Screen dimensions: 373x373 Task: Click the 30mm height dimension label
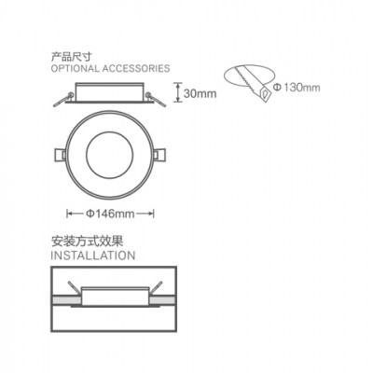click(200, 93)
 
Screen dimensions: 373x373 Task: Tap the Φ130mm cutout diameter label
click(297, 88)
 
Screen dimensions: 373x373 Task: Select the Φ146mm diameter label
click(110, 214)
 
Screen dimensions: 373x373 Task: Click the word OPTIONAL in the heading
click(75, 68)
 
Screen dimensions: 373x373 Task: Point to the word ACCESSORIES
click(136, 68)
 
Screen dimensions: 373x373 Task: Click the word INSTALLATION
click(93, 256)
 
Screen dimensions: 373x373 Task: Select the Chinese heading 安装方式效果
click(87, 241)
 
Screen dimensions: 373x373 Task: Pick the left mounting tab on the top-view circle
click(60, 155)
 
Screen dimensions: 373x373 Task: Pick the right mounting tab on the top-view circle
click(160, 155)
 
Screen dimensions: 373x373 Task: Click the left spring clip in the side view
click(64, 100)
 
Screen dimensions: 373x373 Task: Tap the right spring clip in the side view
click(155, 100)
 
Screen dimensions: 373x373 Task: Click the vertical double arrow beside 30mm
click(177, 92)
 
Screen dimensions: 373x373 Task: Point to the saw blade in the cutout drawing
click(246, 78)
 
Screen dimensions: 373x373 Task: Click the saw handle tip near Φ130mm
click(266, 94)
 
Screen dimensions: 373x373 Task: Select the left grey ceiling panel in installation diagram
click(66, 300)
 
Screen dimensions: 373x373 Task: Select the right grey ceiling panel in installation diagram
click(163, 300)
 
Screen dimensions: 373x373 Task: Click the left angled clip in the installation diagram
click(75, 287)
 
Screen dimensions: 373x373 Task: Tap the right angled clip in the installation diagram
click(156, 288)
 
